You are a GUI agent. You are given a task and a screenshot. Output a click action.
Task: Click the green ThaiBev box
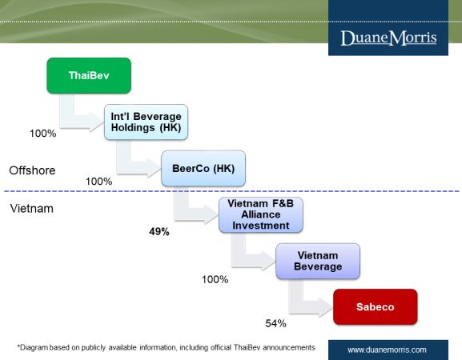click(x=89, y=76)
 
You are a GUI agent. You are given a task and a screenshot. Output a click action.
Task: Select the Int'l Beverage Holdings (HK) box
click(x=147, y=122)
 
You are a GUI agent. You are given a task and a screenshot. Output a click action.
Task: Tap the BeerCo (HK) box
click(x=203, y=168)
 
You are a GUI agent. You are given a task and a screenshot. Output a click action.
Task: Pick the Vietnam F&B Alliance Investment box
click(x=261, y=214)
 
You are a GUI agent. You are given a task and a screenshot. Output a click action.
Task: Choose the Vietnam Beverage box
click(x=318, y=261)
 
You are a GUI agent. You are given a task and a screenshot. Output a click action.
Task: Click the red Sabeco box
click(x=376, y=306)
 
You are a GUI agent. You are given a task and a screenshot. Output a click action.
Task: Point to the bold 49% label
click(x=159, y=232)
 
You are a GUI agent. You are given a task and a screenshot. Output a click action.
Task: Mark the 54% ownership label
click(x=275, y=323)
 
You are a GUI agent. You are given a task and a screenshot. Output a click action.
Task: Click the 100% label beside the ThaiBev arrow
click(x=43, y=134)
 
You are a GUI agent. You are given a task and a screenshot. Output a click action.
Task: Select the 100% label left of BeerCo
click(x=99, y=182)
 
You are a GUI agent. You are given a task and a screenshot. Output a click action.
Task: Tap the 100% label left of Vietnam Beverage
click(x=215, y=279)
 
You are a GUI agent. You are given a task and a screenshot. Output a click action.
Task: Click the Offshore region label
click(x=32, y=170)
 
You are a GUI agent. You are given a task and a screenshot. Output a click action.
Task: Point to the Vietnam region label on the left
click(x=32, y=209)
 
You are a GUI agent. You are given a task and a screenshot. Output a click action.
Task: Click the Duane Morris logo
click(x=388, y=38)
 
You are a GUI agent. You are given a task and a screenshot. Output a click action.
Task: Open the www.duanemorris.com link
click(x=387, y=350)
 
